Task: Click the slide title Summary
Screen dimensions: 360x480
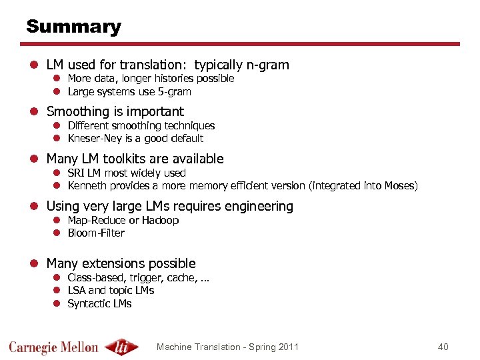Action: pos(73,27)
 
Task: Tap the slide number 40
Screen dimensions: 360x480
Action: pos(443,347)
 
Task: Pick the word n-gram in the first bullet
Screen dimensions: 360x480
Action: pos(267,65)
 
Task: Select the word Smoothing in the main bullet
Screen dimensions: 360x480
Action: pos(77,112)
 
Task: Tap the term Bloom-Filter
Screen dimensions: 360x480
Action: pos(96,233)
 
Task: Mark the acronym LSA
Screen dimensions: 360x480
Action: pos(77,290)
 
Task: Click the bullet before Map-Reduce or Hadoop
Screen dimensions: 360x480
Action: pos(57,220)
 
